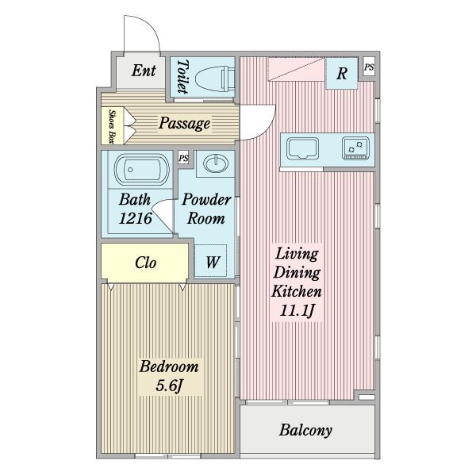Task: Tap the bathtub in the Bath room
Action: [x=141, y=170]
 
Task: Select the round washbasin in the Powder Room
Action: [x=215, y=163]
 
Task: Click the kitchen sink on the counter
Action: [x=303, y=148]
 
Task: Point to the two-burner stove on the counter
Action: [x=355, y=148]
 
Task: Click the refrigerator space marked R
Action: [x=342, y=73]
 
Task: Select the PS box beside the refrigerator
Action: [x=369, y=67]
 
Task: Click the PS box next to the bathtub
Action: [x=183, y=158]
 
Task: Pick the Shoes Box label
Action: [x=112, y=126]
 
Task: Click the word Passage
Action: [x=184, y=123]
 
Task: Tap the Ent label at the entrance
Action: [x=144, y=71]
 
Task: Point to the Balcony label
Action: [x=305, y=430]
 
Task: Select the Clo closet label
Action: [x=145, y=263]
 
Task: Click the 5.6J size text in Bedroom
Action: [x=169, y=386]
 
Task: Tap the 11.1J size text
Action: [x=297, y=310]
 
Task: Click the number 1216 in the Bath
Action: [x=136, y=218]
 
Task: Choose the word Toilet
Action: [x=182, y=76]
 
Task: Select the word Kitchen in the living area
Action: [x=297, y=291]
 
